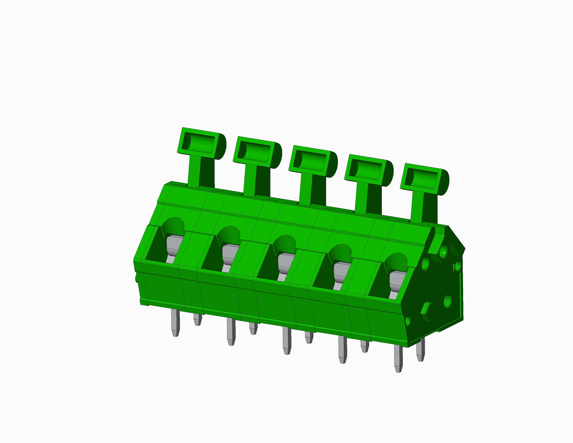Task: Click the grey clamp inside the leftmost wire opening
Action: (173, 246)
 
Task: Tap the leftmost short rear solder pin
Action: (197, 319)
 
